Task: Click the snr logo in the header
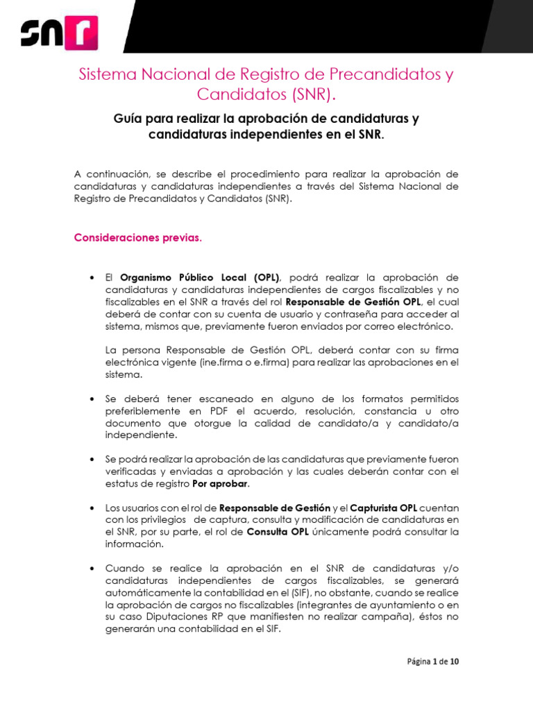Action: tap(59, 32)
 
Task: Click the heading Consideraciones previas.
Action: tap(138, 238)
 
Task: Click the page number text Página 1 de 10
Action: tap(432, 661)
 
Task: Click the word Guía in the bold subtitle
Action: tap(128, 119)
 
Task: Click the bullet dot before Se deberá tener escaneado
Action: tap(92, 399)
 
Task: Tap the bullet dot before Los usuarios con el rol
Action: tap(92, 508)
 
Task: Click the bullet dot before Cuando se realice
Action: tap(92, 569)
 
